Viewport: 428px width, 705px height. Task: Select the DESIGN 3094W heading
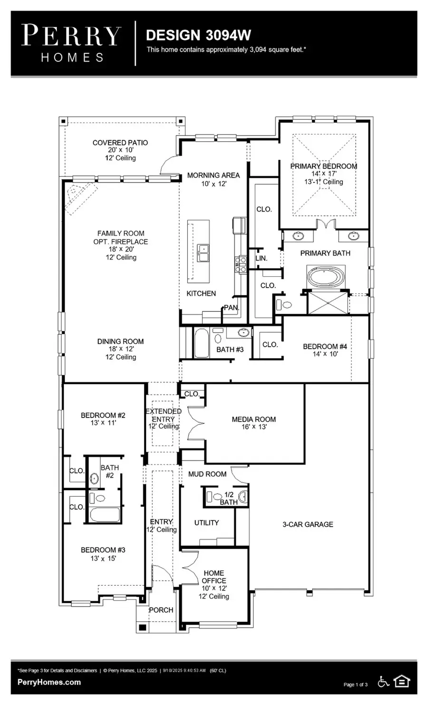point(198,35)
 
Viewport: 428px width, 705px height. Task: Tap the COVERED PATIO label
point(120,143)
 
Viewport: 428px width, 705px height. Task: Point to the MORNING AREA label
point(213,175)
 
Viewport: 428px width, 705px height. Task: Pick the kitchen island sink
point(204,253)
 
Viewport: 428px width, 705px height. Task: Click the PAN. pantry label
point(232,308)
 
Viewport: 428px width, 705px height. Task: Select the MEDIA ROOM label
point(253,419)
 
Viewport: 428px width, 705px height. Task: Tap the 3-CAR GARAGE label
point(308,524)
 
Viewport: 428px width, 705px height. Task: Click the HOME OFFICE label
point(214,577)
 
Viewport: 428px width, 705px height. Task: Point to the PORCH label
point(161,610)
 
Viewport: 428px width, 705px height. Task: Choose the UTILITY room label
point(206,522)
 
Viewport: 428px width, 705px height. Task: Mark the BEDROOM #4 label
point(325,347)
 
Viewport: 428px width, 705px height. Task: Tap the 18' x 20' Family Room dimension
point(121,249)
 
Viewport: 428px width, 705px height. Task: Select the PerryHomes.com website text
point(49,682)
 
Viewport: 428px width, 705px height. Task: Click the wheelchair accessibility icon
point(383,682)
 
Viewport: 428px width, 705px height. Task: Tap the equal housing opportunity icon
point(402,682)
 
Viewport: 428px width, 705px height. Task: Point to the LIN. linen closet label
point(261,258)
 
